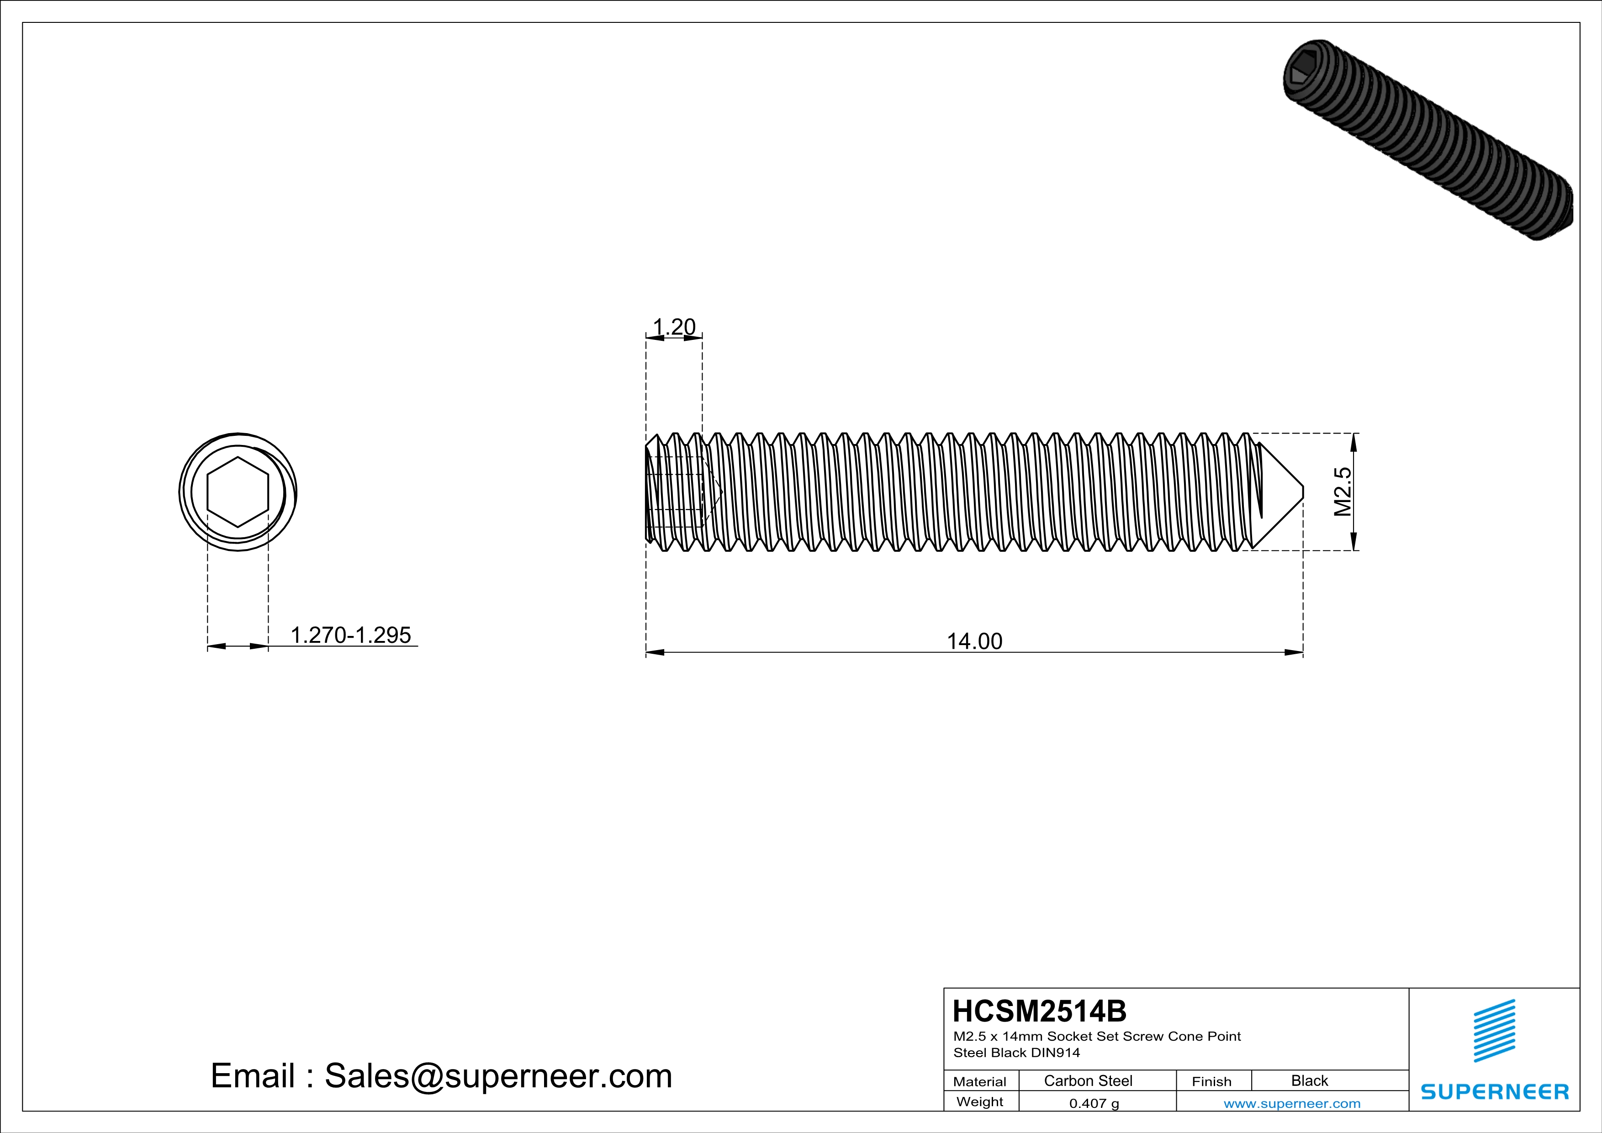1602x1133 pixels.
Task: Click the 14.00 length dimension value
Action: pos(974,641)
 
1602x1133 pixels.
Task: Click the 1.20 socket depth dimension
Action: pos(674,327)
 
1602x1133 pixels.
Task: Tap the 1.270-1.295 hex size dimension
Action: pos(350,635)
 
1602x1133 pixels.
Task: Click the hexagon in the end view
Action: pos(238,492)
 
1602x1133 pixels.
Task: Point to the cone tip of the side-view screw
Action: pos(1301,492)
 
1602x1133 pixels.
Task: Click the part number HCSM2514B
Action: pos(1039,1011)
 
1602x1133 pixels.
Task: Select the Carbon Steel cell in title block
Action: pos(1088,1080)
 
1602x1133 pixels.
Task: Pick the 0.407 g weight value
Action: pos(1094,1103)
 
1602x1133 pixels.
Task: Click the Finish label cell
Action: pos(1211,1081)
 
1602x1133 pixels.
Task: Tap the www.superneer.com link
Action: pos(1291,1103)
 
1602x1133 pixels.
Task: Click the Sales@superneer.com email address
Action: pos(498,1076)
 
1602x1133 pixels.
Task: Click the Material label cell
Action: pos(980,1081)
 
